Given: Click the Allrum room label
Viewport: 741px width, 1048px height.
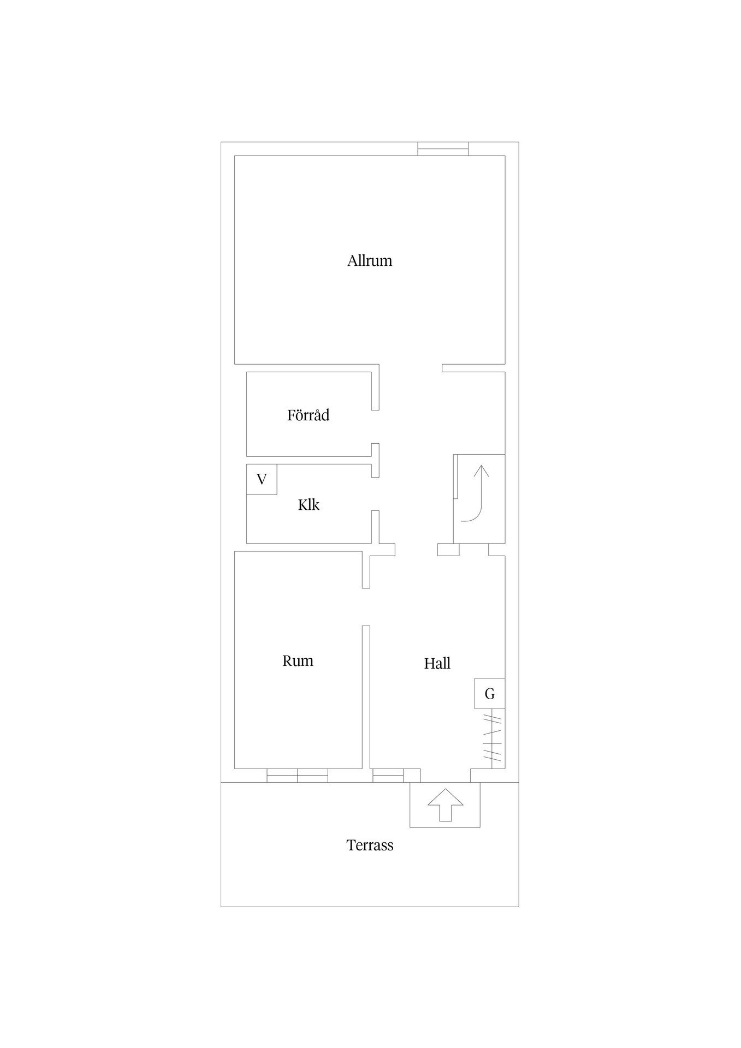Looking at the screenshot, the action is click(x=370, y=260).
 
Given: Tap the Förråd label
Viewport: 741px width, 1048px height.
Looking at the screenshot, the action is click(x=309, y=415).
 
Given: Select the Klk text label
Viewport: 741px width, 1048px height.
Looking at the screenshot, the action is click(x=309, y=505).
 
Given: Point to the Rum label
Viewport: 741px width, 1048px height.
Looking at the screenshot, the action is click(x=298, y=661).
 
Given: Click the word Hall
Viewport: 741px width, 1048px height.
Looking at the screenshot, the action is click(x=437, y=663).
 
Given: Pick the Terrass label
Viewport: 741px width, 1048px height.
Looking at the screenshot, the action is click(x=370, y=845).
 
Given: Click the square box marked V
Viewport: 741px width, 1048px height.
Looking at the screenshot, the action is click(x=262, y=479).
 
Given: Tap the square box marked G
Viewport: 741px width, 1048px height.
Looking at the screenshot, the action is click(x=490, y=693).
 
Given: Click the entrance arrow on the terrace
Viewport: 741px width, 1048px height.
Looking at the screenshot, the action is click(x=445, y=805).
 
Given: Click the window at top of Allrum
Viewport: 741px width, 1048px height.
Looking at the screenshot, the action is click(x=443, y=148).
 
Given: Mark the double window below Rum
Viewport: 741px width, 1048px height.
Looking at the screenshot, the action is click(x=298, y=775).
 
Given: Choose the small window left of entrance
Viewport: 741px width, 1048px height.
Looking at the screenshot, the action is click(x=388, y=775).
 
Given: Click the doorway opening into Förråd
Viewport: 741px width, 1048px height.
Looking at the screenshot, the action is click(x=375, y=427).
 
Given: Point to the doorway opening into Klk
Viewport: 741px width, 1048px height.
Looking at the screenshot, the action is click(x=375, y=494).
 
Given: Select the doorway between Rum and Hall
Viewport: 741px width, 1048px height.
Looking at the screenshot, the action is click(x=366, y=607).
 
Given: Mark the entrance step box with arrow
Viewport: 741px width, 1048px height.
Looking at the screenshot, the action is click(x=445, y=805).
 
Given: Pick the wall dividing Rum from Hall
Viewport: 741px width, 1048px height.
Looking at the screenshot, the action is click(x=366, y=697).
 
